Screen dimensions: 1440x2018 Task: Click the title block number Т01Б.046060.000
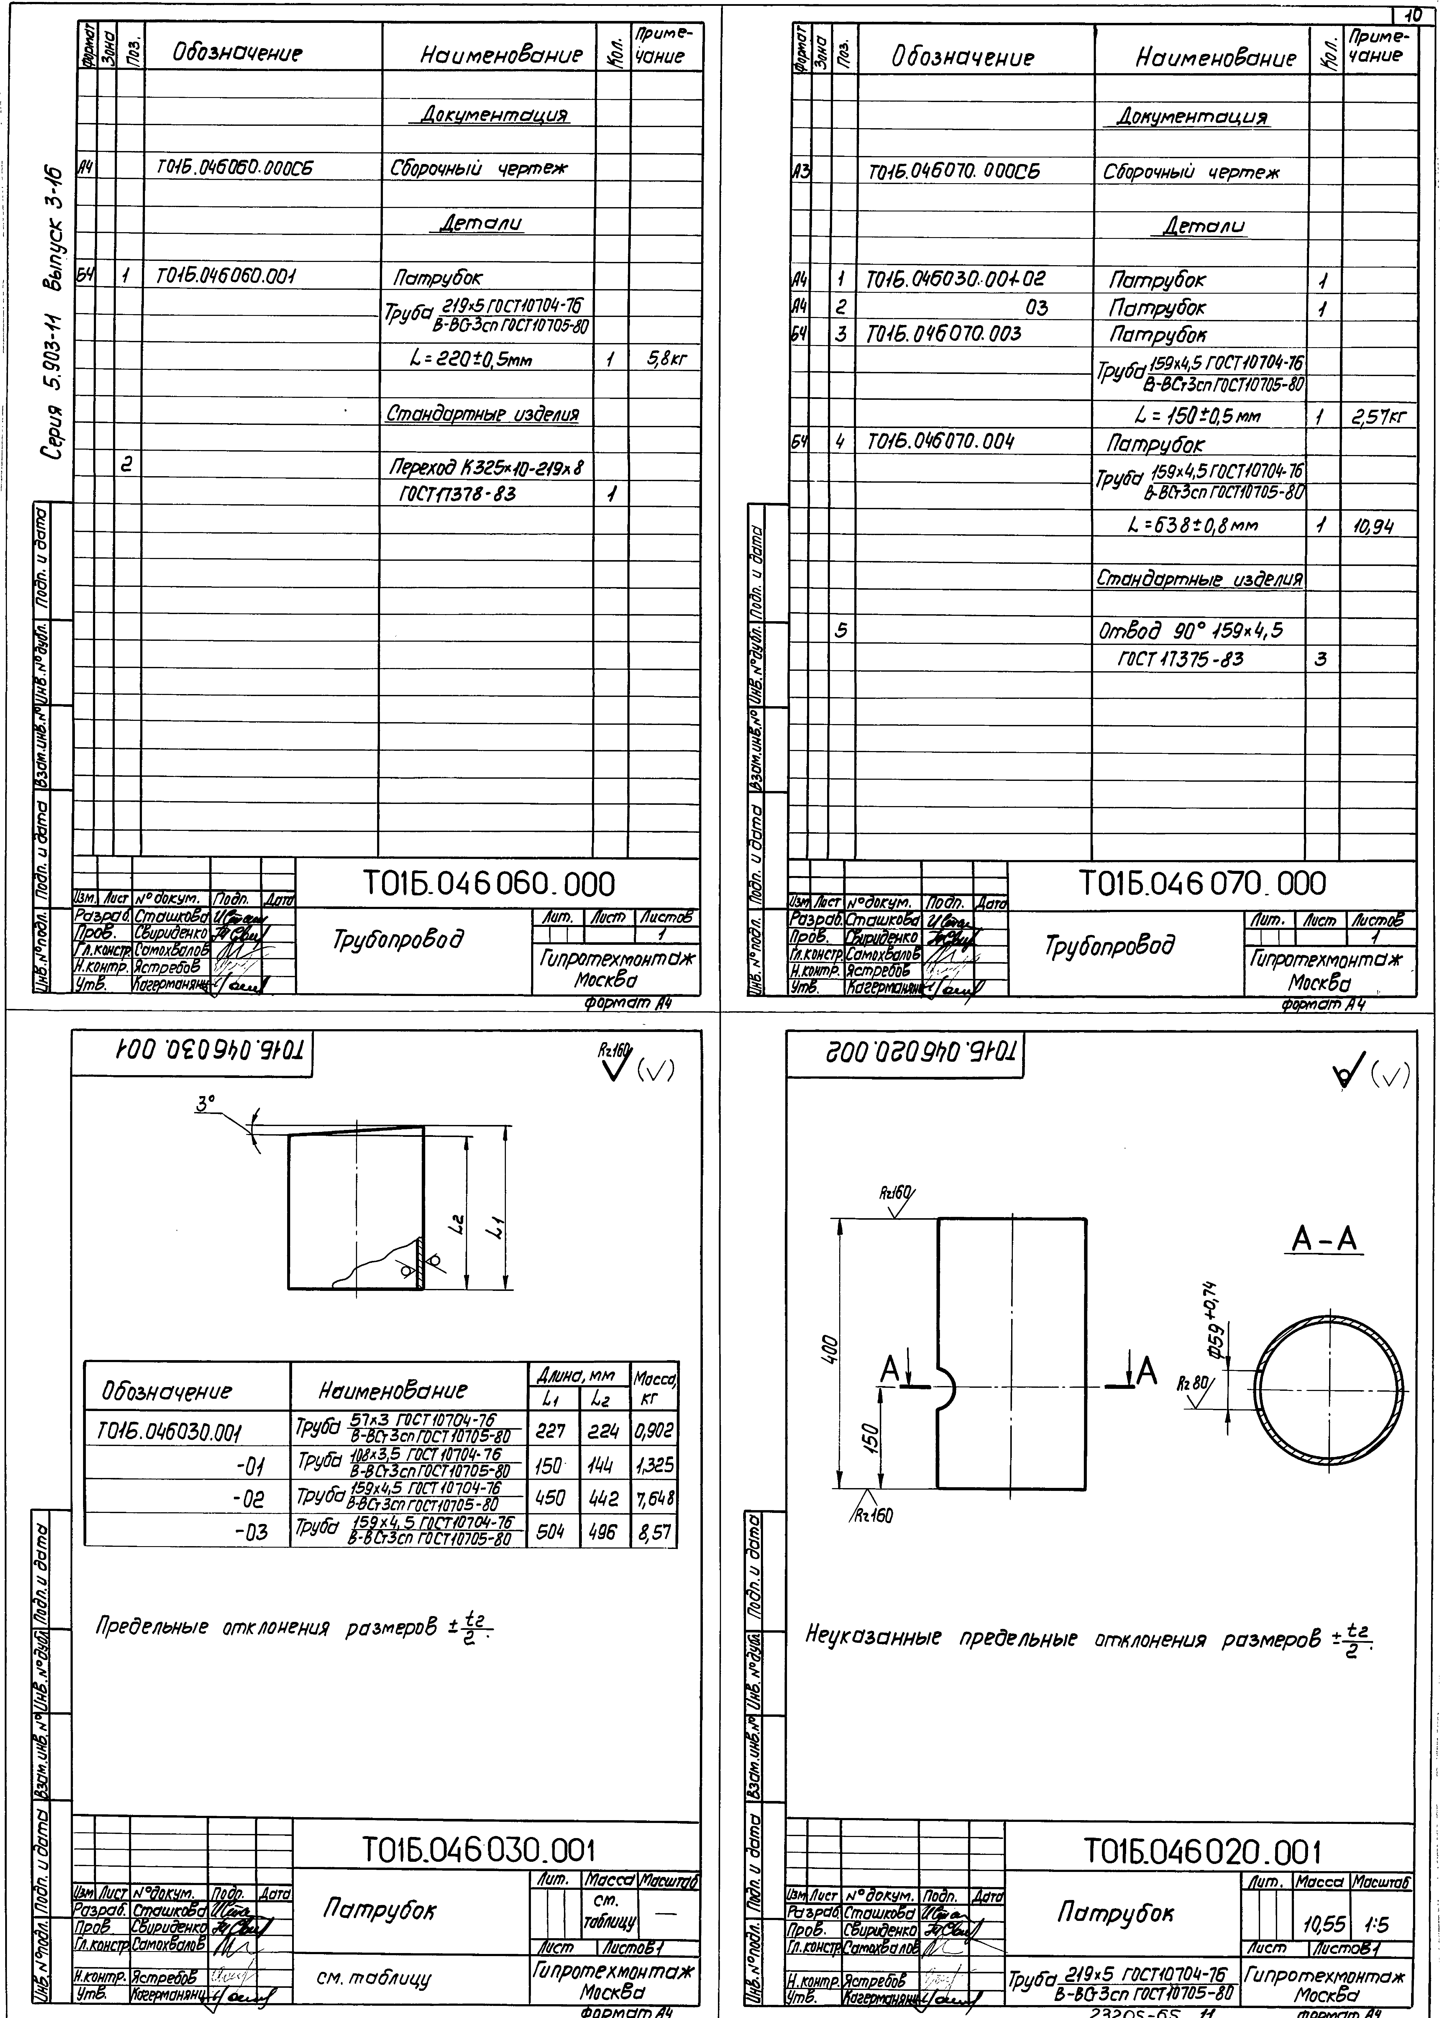(489, 884)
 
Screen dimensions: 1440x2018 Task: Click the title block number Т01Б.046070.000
(1202, 883)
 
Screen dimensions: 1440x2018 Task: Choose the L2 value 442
(602, 1498)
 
